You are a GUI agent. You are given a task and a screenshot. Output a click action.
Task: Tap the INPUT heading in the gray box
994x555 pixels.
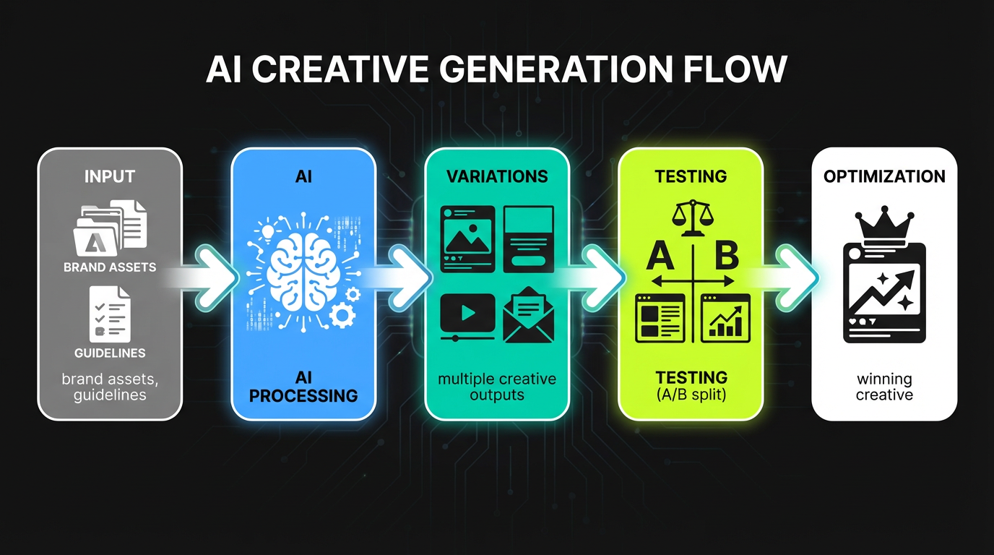110,177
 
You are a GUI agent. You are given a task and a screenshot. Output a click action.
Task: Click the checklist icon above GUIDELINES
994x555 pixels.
110,314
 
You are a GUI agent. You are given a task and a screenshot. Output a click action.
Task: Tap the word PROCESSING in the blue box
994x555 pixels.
303,396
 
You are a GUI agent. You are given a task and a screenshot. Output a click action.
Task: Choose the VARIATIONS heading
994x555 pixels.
497,176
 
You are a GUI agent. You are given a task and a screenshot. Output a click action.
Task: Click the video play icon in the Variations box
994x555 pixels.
467,314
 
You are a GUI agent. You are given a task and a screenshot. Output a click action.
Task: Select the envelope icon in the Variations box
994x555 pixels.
528,315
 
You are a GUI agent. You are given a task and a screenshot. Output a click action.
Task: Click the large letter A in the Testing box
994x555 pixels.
660,257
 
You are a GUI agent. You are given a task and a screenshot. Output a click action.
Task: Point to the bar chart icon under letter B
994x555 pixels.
725,318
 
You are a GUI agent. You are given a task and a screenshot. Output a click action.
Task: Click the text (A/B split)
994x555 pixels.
691,394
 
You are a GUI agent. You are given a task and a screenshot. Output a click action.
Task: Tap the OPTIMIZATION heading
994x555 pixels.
884,177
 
